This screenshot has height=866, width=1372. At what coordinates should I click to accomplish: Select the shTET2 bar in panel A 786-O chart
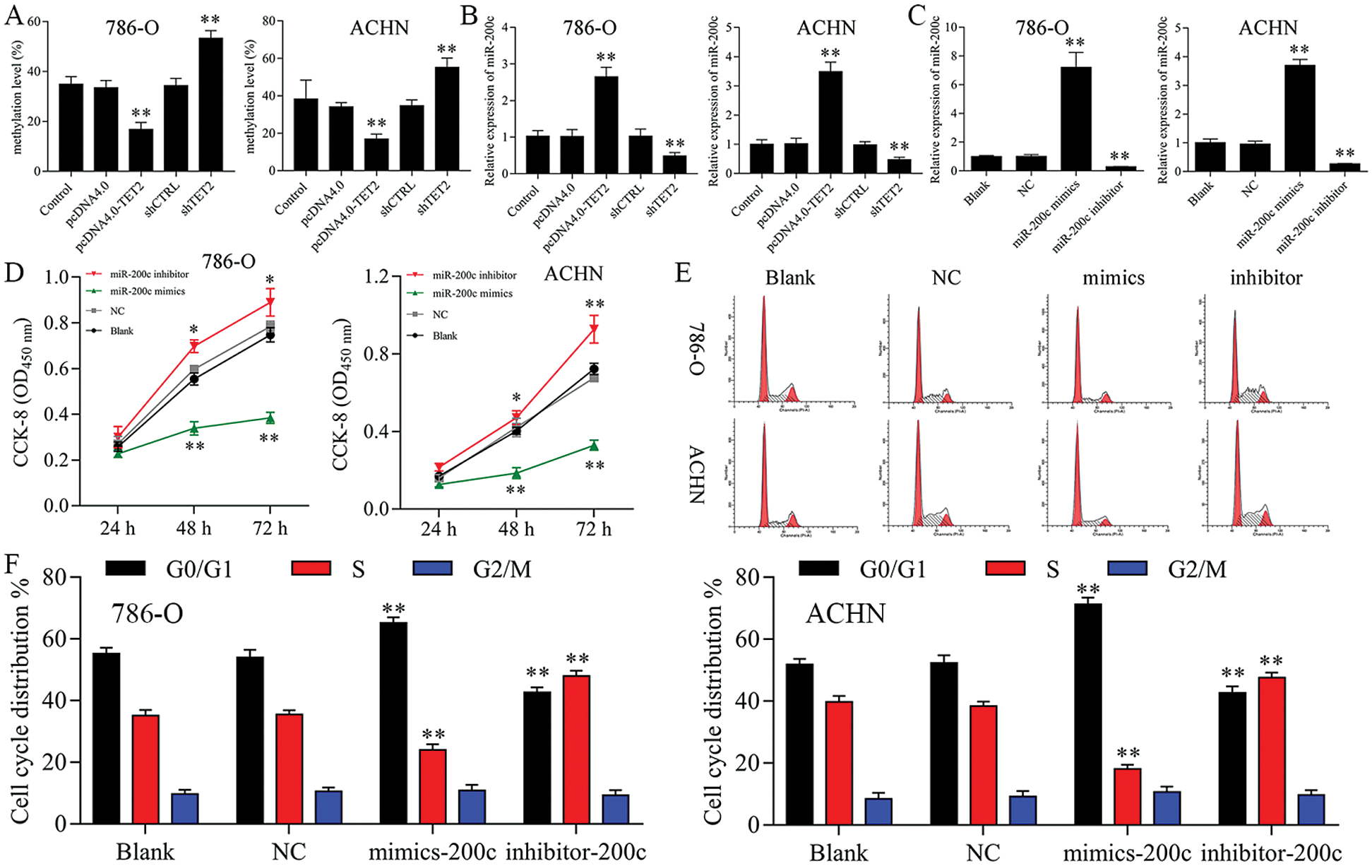point(210,105)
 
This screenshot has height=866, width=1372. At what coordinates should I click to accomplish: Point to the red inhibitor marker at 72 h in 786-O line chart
point(270,303)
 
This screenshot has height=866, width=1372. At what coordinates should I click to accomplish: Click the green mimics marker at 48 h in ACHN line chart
point(516,473)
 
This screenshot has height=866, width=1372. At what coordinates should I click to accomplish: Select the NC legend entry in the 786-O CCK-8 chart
point(117,312)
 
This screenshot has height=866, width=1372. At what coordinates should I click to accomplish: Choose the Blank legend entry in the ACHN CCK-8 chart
point(444,336)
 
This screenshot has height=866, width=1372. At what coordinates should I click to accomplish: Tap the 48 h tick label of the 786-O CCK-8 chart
point(193,528)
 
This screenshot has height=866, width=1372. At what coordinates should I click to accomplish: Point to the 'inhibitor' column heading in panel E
point(1265,278)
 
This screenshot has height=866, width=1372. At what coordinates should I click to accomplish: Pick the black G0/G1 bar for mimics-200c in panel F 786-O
point(393,723)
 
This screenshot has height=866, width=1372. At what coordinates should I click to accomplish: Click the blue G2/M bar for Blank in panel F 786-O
point(184,808)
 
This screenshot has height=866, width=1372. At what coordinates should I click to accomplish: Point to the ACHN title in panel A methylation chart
point(379,28)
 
